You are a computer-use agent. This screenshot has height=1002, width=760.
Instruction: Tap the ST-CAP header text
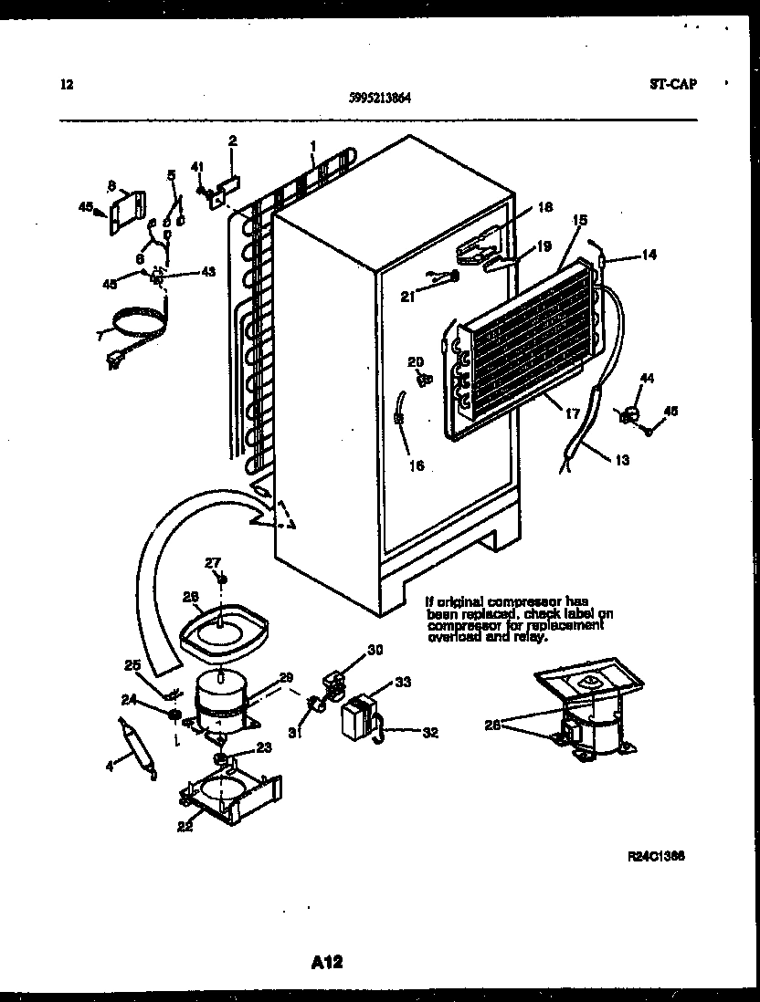672,84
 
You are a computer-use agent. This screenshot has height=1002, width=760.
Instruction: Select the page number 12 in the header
66,85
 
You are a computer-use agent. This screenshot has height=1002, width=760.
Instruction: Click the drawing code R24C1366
657,856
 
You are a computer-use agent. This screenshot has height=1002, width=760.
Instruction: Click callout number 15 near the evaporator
579,221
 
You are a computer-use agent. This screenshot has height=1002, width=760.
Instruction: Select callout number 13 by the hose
621,460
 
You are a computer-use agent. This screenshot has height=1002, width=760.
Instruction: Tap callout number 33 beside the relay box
402,683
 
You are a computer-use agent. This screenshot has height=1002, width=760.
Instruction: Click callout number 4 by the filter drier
110,767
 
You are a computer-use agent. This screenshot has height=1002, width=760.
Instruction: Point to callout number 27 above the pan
213,563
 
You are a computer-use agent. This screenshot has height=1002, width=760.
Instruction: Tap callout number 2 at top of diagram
232,141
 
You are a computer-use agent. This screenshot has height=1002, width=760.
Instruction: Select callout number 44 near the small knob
647,377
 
